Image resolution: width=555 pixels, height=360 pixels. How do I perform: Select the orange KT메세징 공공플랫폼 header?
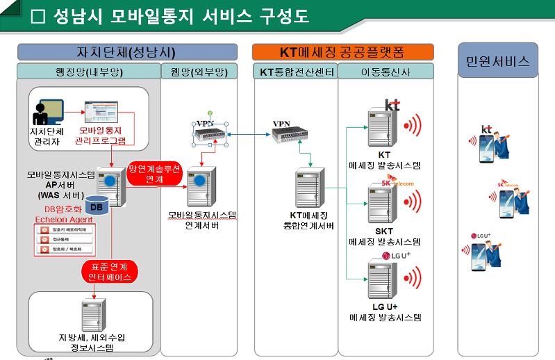(342, 52)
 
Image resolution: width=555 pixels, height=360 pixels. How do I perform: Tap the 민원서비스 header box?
(497, 61)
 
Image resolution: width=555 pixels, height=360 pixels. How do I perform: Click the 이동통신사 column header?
(386, 72)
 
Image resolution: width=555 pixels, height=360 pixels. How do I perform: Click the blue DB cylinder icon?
(97, 207)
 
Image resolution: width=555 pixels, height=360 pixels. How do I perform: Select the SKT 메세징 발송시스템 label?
(385, 237)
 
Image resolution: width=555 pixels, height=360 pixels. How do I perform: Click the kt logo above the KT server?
(392, 106)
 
